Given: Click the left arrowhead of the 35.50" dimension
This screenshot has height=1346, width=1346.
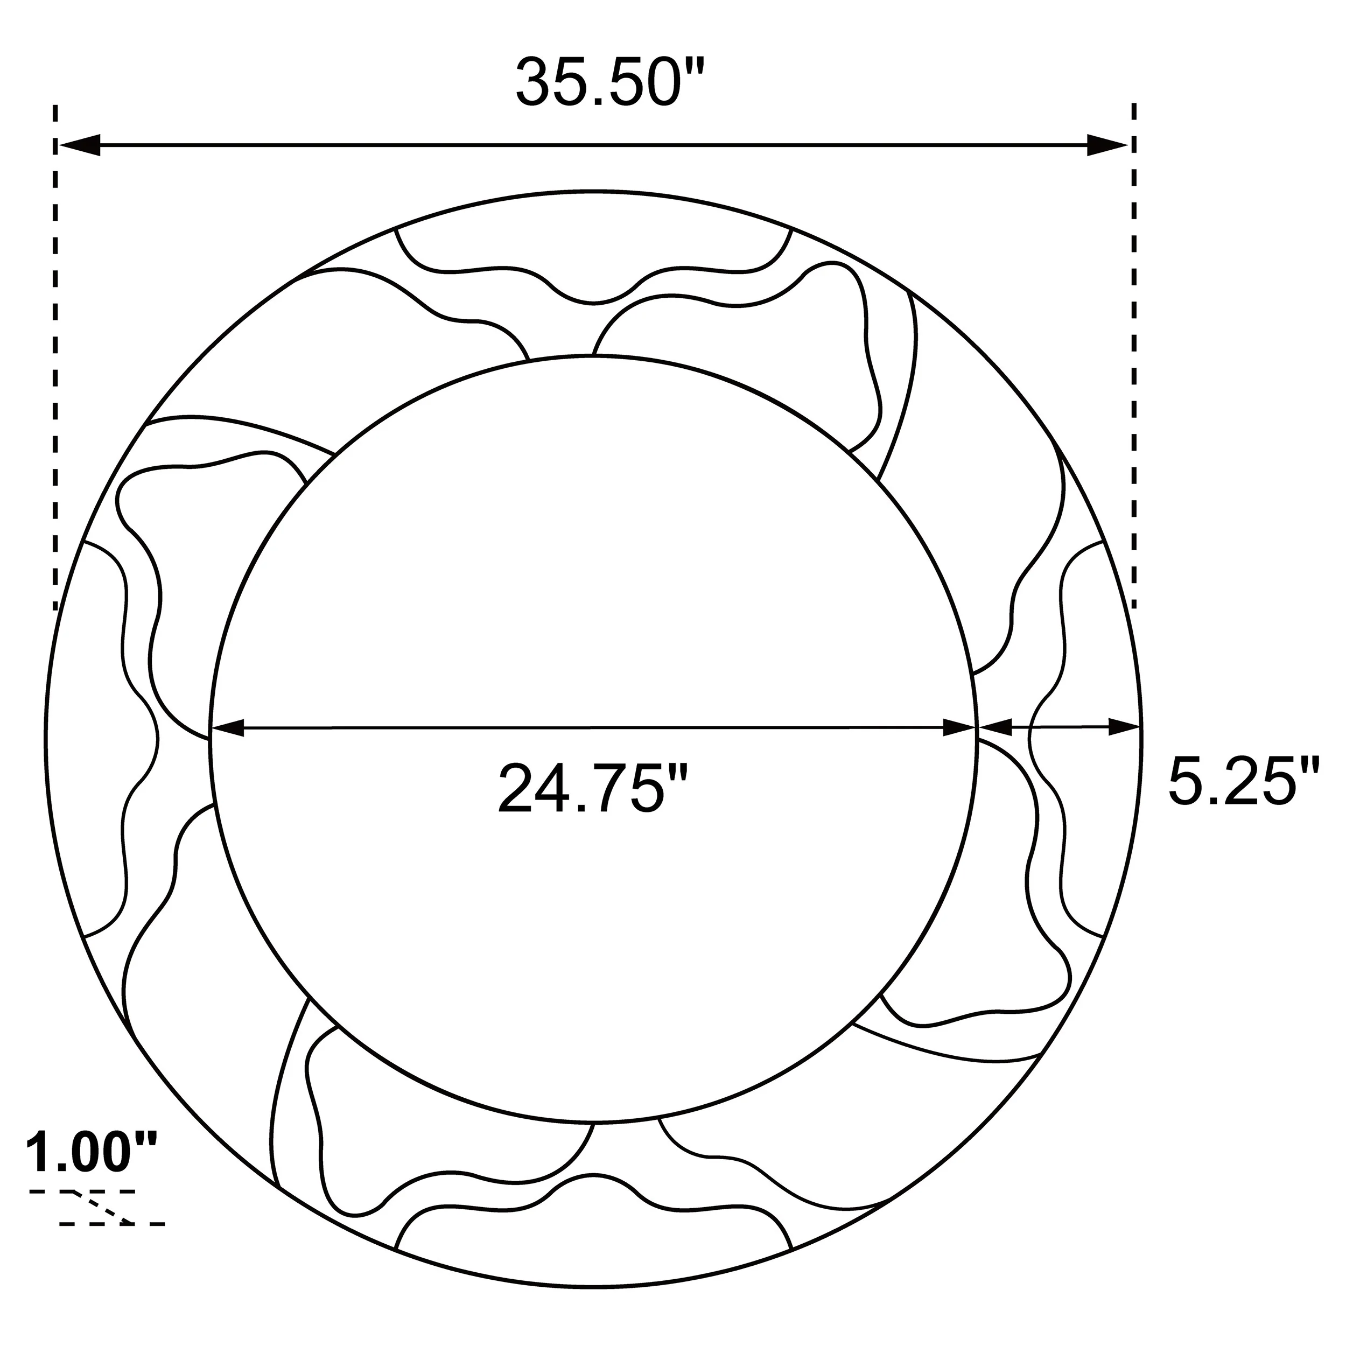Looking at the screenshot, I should [x=79, y=145].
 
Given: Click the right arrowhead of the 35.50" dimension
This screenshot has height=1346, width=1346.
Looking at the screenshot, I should [x=1109, y=145].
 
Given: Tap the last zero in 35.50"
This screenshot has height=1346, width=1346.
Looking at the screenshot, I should [x=658, y=82].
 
